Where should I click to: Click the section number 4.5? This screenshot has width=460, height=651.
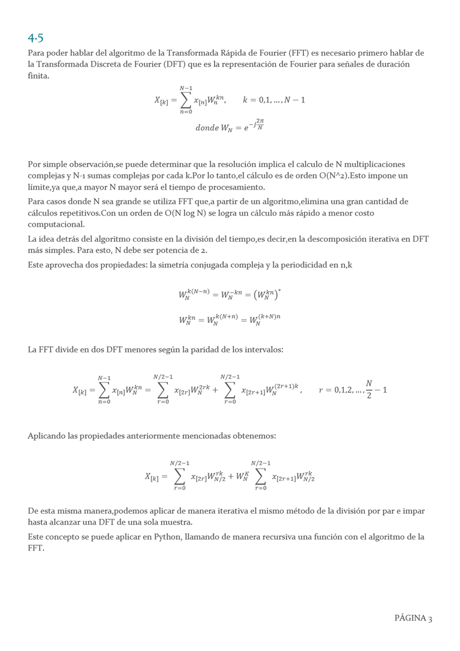coord(35,38)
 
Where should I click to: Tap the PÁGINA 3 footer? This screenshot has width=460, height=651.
coord(413,618)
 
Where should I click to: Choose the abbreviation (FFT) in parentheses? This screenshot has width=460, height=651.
coord(295,53)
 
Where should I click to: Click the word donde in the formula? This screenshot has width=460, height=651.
coord(207,128)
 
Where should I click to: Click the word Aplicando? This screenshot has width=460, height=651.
coord(47,435)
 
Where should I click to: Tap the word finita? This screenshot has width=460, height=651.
coord(38,76)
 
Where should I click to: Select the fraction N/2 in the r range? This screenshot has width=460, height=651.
coord(369,390)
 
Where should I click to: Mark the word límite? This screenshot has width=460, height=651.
coord(40,187)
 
